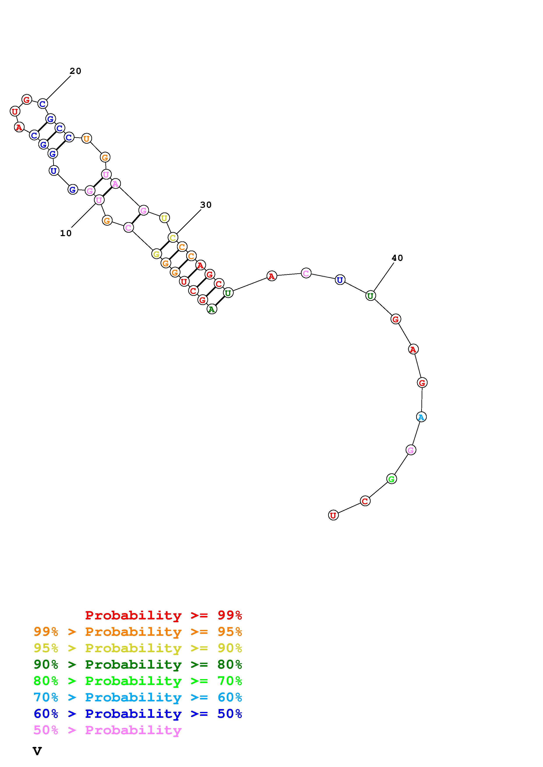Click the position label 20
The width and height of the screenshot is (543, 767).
tap(75, 71)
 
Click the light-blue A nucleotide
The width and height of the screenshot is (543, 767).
tap(421, 417)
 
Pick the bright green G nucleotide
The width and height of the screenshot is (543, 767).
tap(391, 479)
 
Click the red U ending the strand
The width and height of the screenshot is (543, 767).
tap(333, 515)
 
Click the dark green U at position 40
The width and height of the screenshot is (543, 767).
tap(370, 296)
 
